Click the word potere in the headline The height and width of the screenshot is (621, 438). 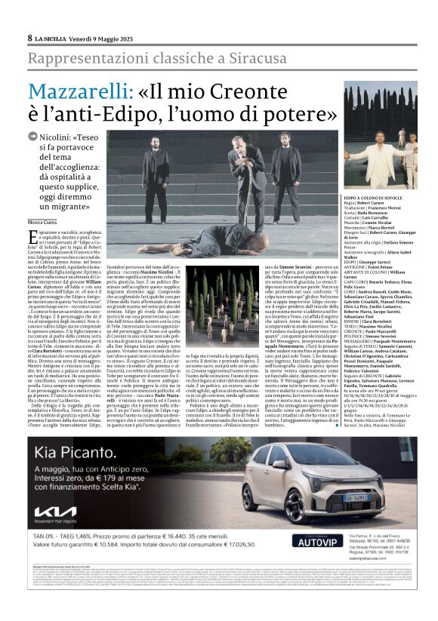point(320,116)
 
